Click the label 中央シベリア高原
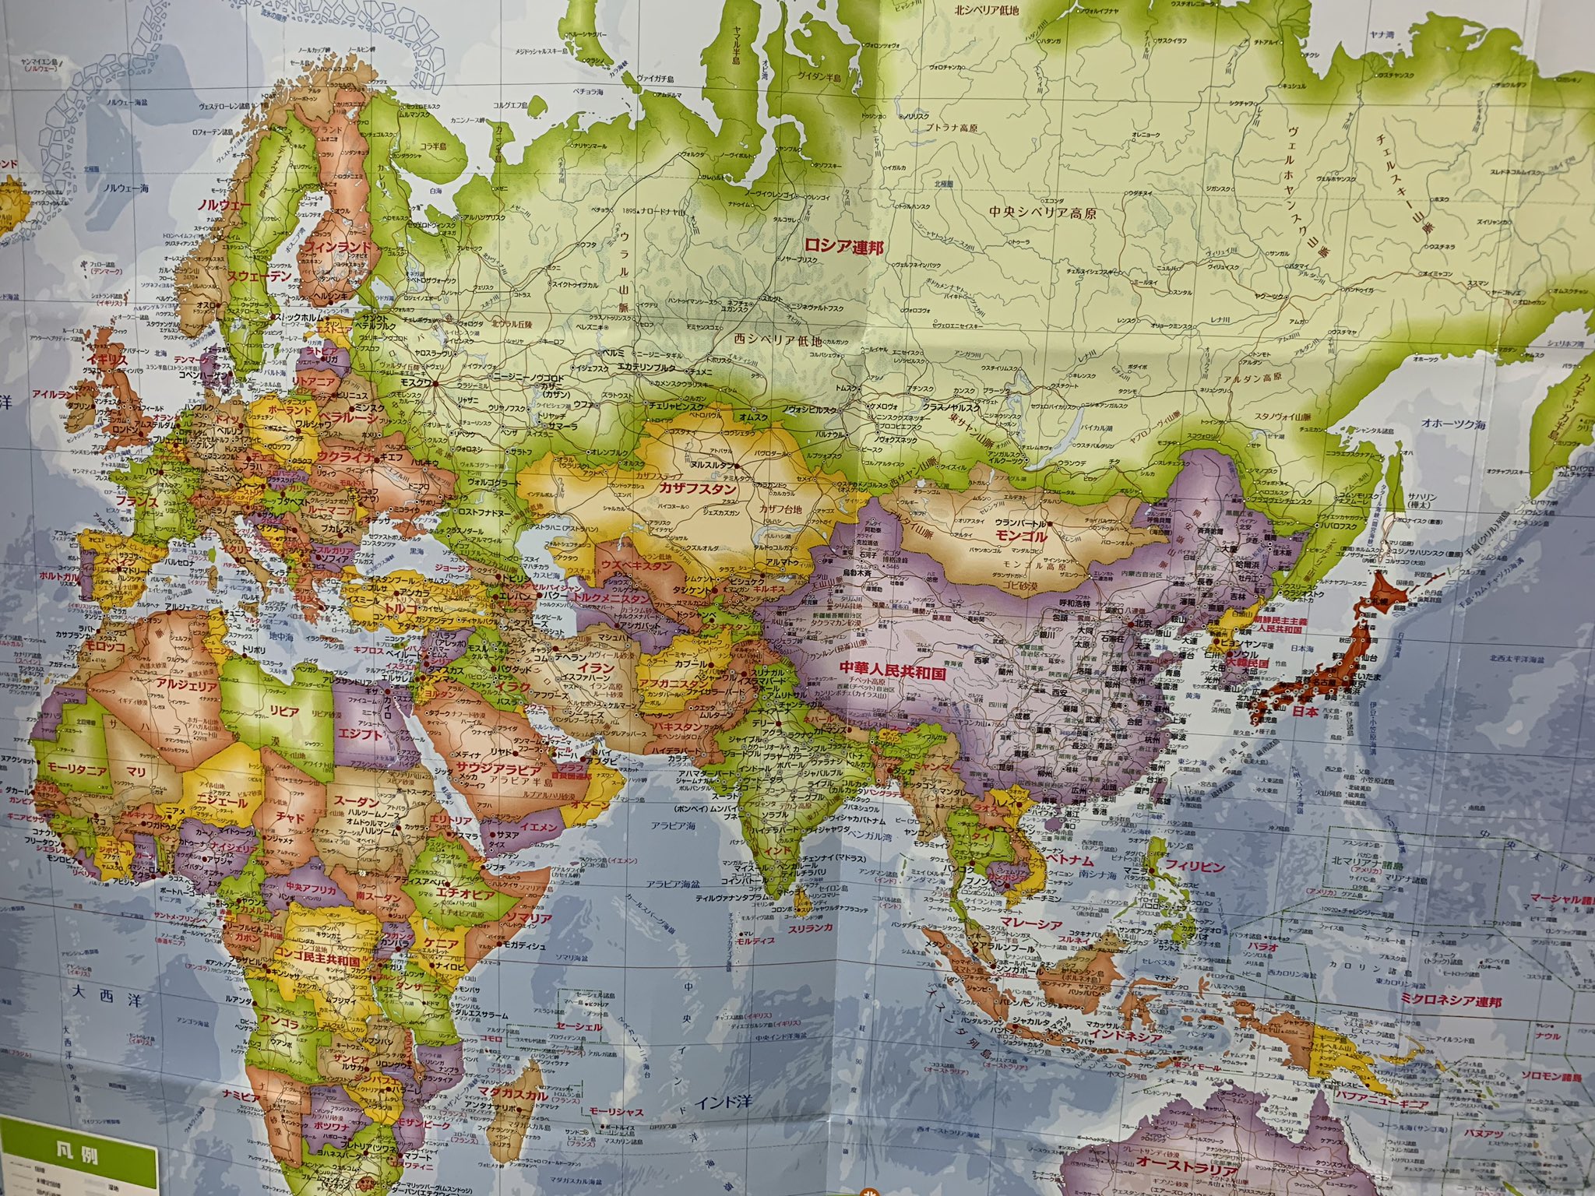pos(1032,212)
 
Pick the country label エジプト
pos(360,733)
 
